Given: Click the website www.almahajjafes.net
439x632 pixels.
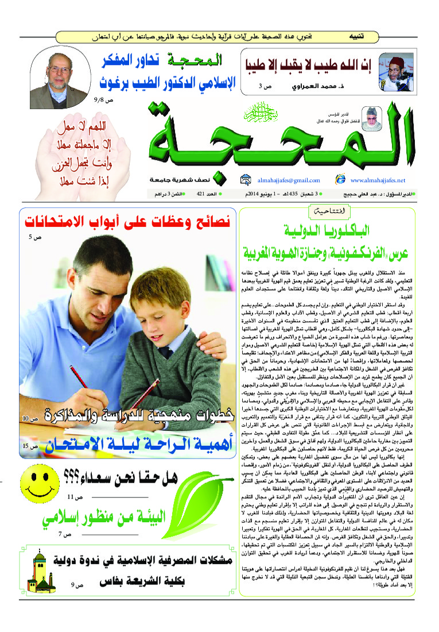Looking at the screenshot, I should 378,180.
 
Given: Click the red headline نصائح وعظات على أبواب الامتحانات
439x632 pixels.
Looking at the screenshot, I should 126,219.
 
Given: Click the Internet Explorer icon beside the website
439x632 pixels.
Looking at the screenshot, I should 340,179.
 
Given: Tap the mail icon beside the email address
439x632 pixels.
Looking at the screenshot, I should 246,179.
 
